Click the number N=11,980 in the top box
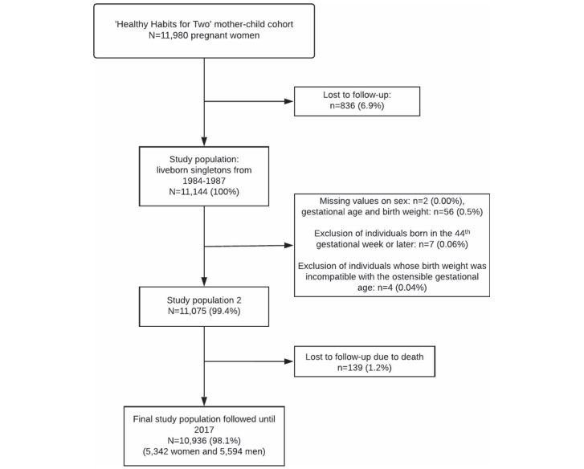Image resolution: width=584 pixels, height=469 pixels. coord(169,35)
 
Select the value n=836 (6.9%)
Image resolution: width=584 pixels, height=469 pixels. coord(357,106)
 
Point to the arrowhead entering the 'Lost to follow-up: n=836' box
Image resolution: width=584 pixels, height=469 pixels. coord(289,101)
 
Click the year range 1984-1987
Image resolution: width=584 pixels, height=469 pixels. coord(204,181)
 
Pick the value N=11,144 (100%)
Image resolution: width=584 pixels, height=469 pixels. coord(204,192)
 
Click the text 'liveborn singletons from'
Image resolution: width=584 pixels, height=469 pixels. coord(204,170)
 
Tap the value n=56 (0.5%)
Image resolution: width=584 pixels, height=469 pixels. coord(455,212)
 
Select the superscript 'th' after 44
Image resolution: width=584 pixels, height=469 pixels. coord(468,231)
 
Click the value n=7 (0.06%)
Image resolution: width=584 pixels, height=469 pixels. coord(443,245)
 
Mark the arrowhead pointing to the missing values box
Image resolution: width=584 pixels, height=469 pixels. coord(289,245)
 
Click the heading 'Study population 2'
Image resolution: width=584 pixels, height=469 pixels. coord(204,300)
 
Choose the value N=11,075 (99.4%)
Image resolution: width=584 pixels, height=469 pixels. coord(204,311)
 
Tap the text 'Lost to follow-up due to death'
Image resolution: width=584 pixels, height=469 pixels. coord(364,357)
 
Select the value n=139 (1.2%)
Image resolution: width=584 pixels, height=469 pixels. coord(364,368)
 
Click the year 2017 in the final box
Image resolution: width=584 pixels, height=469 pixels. coord(204,430)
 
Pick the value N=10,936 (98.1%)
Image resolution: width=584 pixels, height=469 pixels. coord(204,441)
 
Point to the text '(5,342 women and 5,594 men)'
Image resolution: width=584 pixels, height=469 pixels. coord(204,451)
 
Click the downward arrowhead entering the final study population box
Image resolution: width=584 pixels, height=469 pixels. coord(204,402)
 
